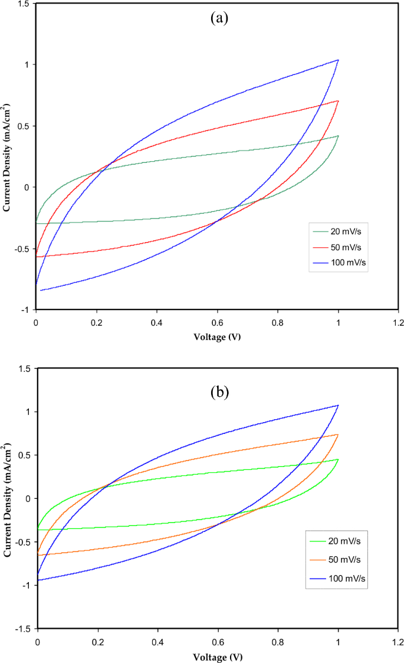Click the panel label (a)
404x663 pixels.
point(219,18)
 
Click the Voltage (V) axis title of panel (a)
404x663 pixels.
point(217,337)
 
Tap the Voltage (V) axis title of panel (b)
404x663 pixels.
point(218,657)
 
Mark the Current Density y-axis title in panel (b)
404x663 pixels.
point(8,499)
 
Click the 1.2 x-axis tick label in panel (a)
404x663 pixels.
point(398,323)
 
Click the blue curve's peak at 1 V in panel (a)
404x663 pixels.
point(338,60)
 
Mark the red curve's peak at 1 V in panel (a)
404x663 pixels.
point(338,101)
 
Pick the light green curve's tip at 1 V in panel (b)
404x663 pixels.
point(338,459)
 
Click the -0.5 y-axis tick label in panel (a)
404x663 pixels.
point(21,249)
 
